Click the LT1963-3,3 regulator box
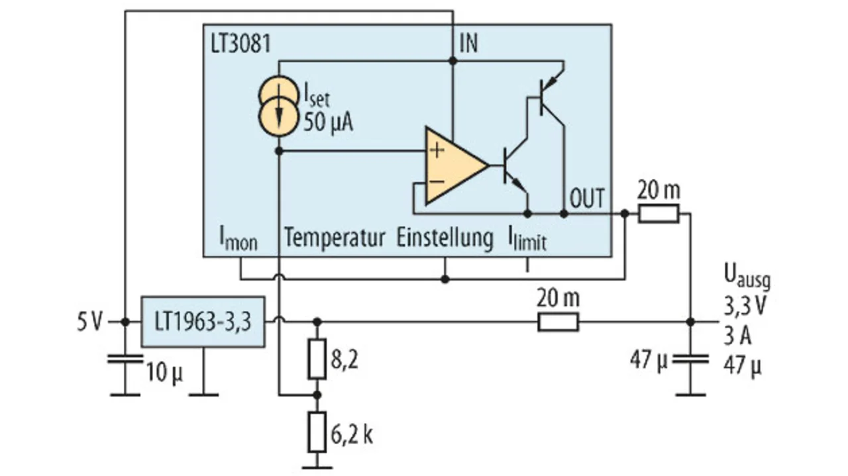tap(203, 322)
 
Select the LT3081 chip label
tap(240, 44)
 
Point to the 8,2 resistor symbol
tap(317, 359)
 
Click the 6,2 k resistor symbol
tap(317, 432)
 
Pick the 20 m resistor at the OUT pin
tap(659, 213)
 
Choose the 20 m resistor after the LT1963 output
tap(558, 322)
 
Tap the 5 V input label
tap(90, 322)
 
